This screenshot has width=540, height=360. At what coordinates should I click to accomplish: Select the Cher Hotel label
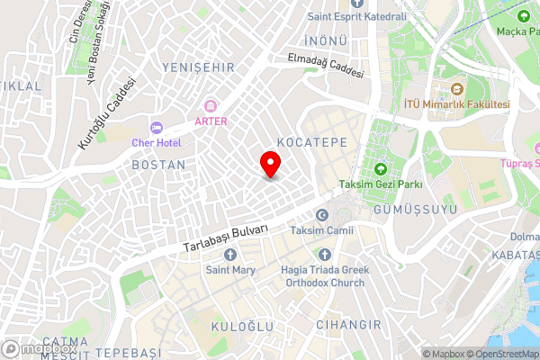pos(157,142)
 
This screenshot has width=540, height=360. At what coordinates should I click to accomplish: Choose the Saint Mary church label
pos(230,269)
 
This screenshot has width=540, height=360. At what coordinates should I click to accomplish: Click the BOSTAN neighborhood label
pos(158,166)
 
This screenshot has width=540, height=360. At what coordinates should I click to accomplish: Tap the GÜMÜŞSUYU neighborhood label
pos(415,210)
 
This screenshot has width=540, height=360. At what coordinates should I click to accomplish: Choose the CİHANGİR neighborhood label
pos(349,324)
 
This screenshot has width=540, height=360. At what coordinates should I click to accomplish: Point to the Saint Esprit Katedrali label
pos(370,16)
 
